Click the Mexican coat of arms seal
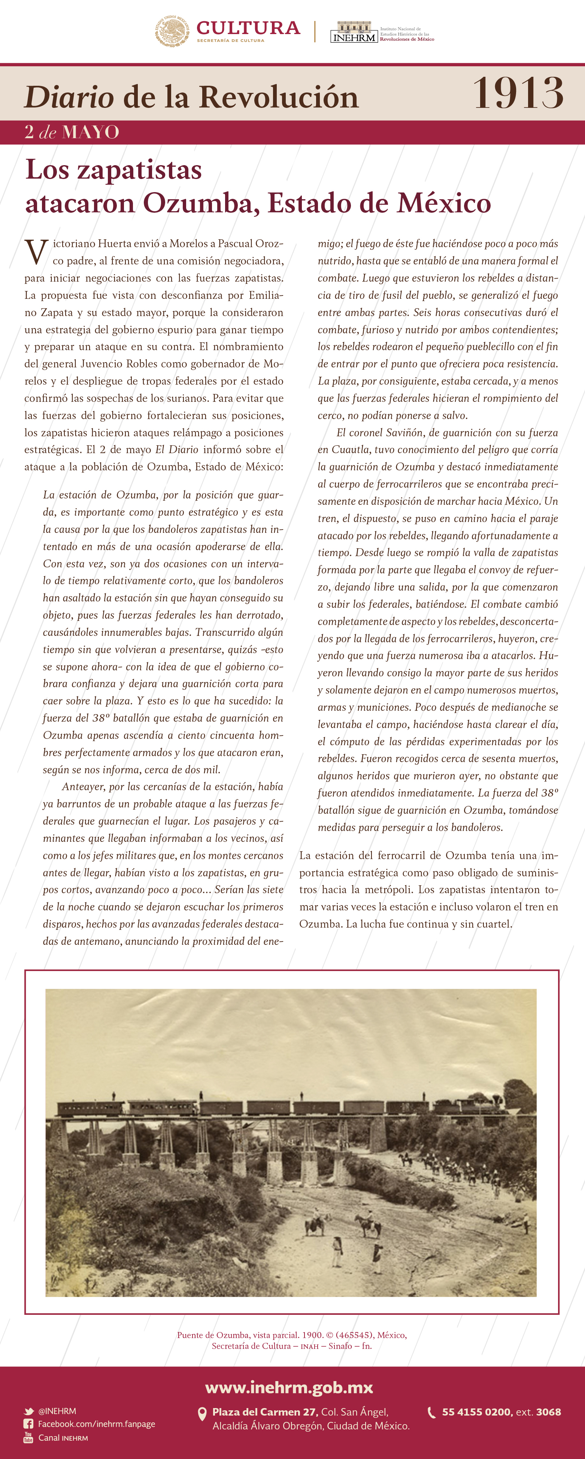pyautogui.click(x=172, y=31)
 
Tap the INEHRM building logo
pyautogui.click(x=354, y=32)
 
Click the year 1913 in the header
pyautogui.click(x=518, y=94)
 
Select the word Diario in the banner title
pyautogui.click(x=69, y=97)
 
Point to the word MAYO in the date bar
pyautogui.click(x=91, y=133)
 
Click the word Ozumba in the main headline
pyautogui.click(x=201, y=203)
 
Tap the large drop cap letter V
pyautogui.click(x=36, y=252)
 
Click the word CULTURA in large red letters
pyautogui.click(x=248, y=27)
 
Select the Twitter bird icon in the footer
pyautogui.click(x=29, y=1411)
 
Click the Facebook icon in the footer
pyautogui.click(x=28, y=1424)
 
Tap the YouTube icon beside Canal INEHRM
pyautogui.click(x=28, y=1438)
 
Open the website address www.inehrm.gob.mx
pyautogui.click(x=289, y=1387)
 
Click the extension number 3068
pyautogui.click(x=548, y=1412)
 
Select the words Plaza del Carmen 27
pyautogui.click(x=264, y=1412)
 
